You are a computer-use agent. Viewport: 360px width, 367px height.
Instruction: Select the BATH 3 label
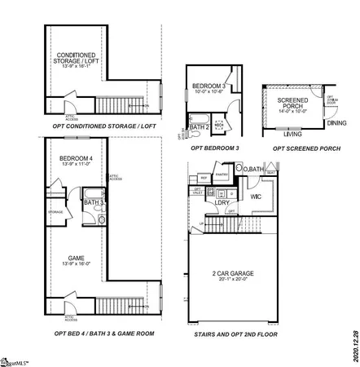(94, 202)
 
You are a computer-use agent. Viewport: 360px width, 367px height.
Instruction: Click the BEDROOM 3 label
(209, 86)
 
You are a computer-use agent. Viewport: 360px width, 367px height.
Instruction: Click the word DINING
(336, 123)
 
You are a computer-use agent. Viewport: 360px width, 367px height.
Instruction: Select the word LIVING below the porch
(292, 134)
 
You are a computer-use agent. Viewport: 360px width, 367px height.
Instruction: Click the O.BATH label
(255, 170)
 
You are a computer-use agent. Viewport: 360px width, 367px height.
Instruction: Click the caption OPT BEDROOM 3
(214, 149)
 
